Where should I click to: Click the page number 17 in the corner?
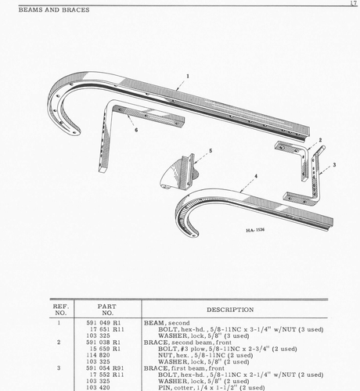[354, 4]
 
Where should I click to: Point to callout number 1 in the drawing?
[188, 76]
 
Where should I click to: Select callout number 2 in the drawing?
[319, 139]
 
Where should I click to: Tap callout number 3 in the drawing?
[334, 165]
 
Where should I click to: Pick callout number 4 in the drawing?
[255, 177]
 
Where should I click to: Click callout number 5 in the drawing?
[210, 149]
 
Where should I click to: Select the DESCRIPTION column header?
[219, 309]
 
